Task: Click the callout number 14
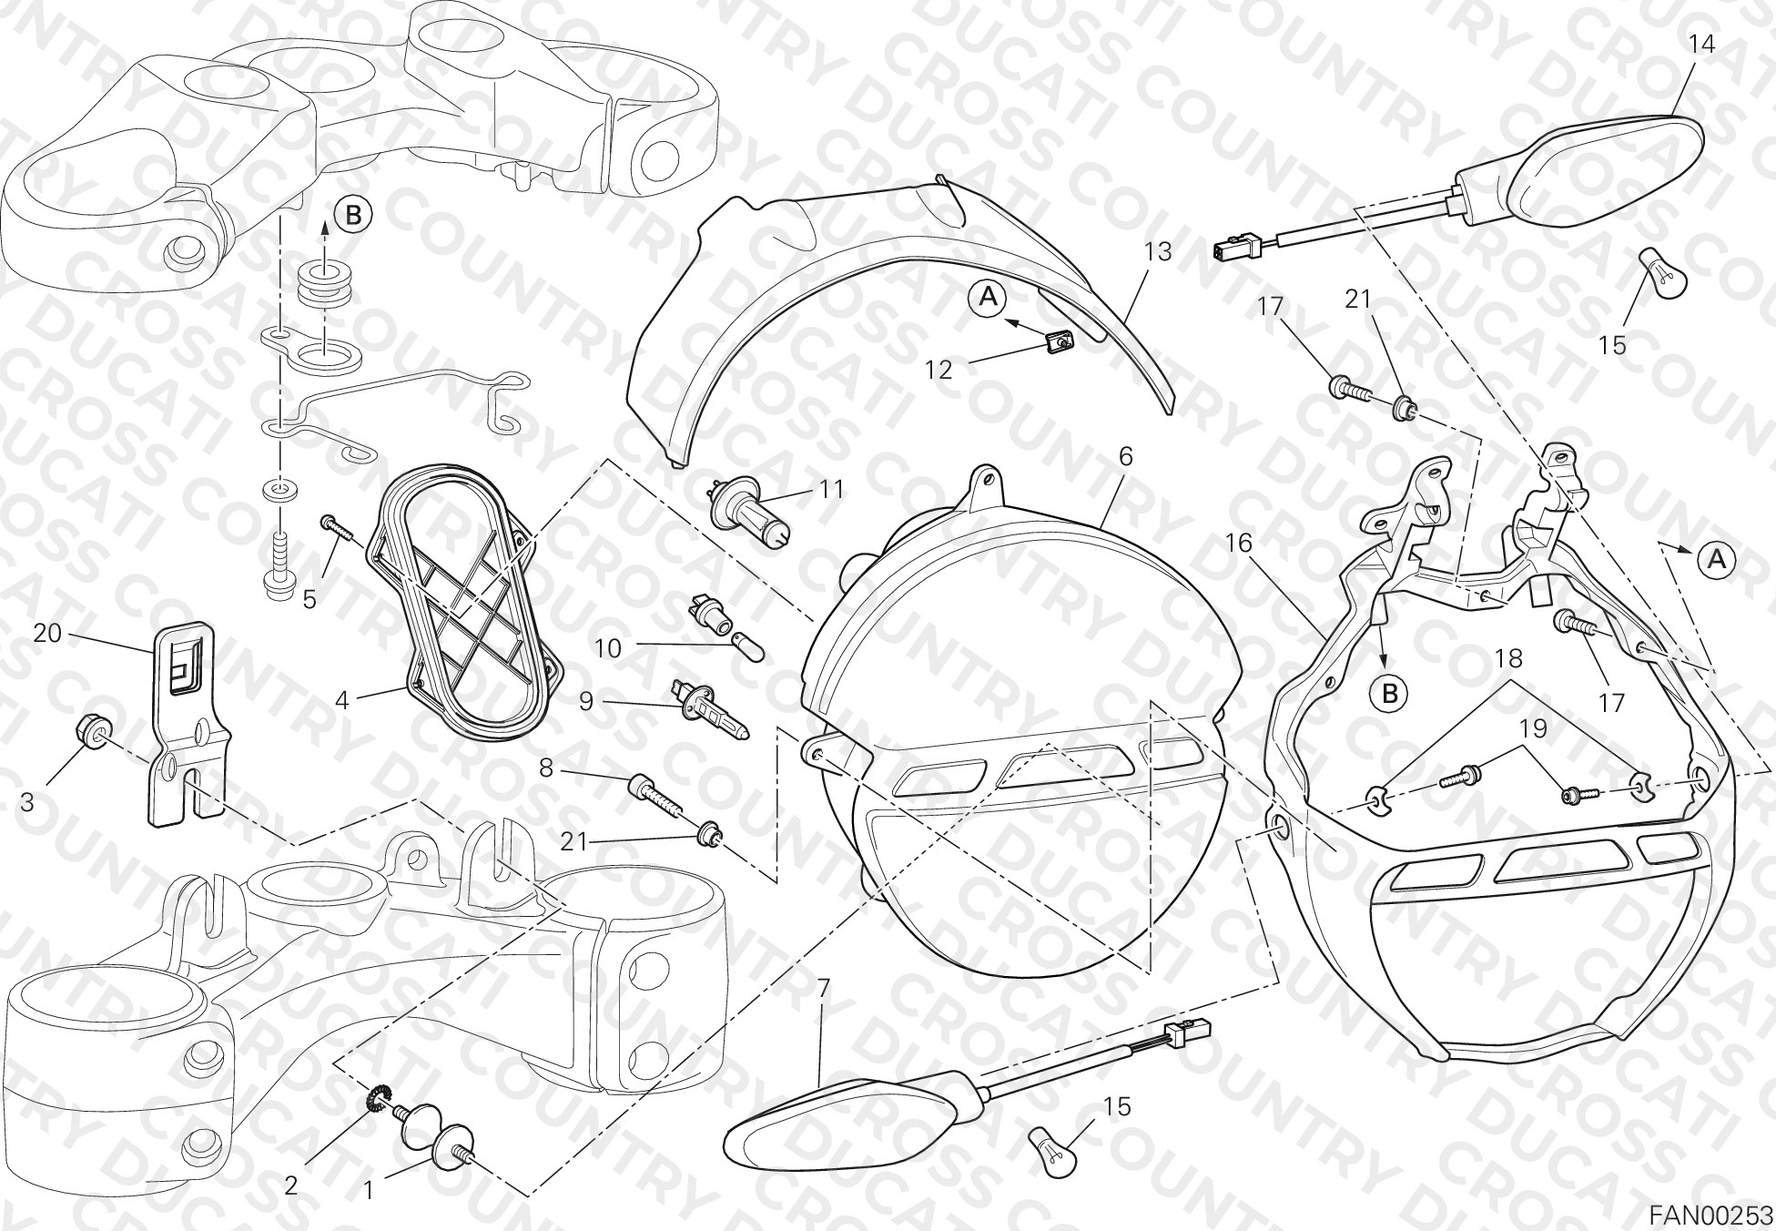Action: (1701, 44)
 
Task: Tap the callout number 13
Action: (1158, 251)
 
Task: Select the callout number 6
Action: (1126, 457)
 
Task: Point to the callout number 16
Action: (1239, 544)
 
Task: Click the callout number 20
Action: (47, 632)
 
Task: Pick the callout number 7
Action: (823, 988)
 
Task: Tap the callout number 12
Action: (938, 370)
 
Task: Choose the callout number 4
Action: (342, 700)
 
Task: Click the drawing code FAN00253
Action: (1711, 1216)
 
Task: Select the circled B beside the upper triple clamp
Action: (354, 215)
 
